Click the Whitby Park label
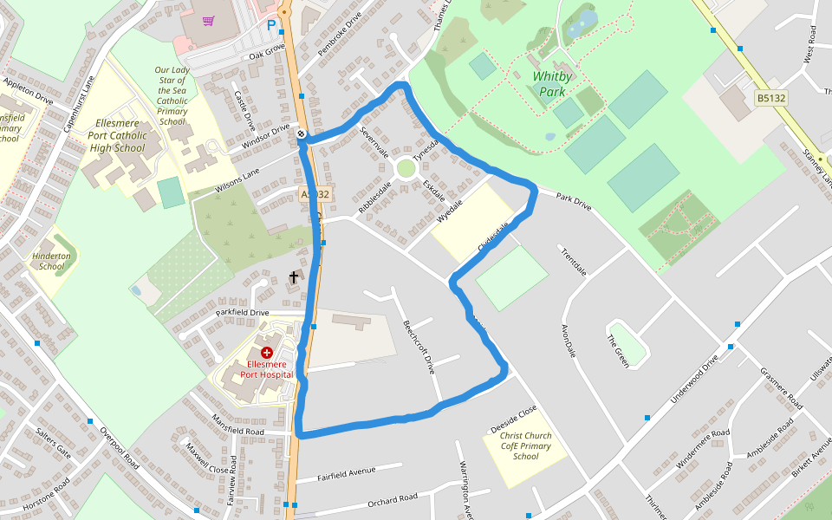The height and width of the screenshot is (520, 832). coord(552,83)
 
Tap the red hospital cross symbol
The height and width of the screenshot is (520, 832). coord(267,353)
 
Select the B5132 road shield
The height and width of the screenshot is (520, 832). coord(770,99)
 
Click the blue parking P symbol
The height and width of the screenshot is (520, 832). coord(271,26)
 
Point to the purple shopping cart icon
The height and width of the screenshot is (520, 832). coord(208,21)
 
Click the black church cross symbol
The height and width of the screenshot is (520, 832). coord(294,277)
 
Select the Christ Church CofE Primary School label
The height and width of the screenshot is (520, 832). coord(525,446)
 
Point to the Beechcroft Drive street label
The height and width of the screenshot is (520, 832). coord(418,347)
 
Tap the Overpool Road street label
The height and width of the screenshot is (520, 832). coord(119,447)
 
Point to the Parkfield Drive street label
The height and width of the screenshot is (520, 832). coord(243,312)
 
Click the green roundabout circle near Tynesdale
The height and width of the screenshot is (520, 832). coord(406,167)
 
